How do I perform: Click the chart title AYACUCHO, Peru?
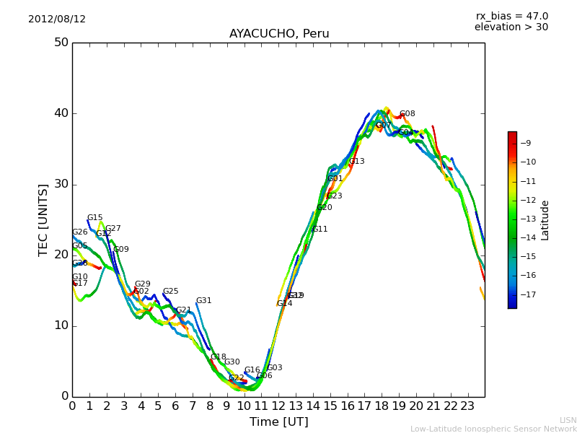[279, 34]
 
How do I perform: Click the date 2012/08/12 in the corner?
[57, 19]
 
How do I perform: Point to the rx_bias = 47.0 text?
[511, 16]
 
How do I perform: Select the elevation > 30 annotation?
[511, 27]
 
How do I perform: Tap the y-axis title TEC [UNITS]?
[43, 219]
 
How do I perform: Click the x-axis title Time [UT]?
[278, 421]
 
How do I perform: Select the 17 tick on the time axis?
[364, 406]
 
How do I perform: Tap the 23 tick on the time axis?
[467, 406]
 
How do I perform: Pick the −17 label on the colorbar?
[529, 294]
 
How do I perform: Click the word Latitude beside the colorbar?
[545, 220]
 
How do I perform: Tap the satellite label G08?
[408, 114]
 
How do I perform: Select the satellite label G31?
[204, 301]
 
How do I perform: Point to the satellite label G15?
[95, 218]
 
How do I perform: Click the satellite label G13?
[357, 162]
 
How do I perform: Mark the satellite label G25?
[170, 292]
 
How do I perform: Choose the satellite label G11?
[320, 229]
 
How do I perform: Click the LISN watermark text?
[568, 420]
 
